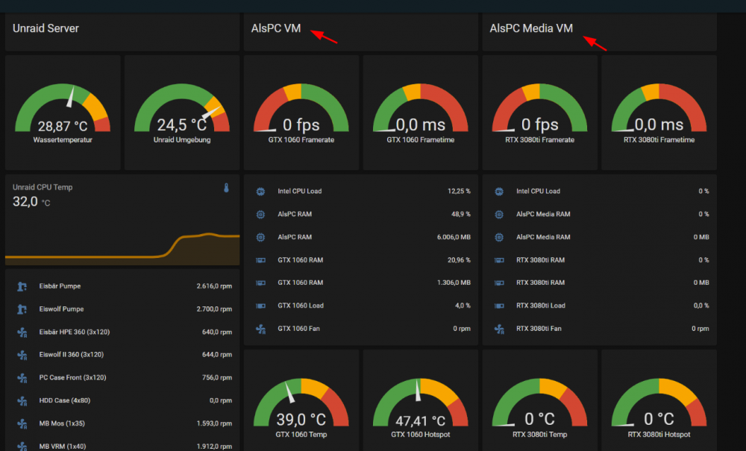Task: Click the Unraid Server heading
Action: [x=46, y=28]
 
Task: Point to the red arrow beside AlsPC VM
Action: [x=324, y=37]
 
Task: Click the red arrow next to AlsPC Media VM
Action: [x=595, y=43]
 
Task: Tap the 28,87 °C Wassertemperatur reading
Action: [x=63, y=127]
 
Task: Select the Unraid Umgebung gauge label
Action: [x=182, y=139]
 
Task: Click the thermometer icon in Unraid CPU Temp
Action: [x=227, y=188]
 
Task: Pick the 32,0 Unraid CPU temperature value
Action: [x=25, y=201]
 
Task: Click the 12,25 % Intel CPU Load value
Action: [x=459, y=191]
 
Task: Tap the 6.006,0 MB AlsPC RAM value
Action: [x=454, y=236]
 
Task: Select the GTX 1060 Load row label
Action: [x=301, y=306]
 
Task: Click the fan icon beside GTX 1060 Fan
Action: [x=260, y=329]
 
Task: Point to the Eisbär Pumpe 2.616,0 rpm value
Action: [x=214, y=286]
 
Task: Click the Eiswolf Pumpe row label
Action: [x=61, y=309]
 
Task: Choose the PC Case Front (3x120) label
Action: [x=73, y=377]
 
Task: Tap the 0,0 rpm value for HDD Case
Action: [x=221, y=400]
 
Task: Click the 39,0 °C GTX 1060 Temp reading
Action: [x=301, y=420]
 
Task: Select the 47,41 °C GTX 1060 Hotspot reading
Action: [x=421, y=420]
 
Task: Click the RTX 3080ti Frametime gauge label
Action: [x=659, y=139]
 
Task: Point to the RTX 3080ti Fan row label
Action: [x=539, y=329]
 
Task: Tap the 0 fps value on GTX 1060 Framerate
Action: [x=301, y=125]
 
